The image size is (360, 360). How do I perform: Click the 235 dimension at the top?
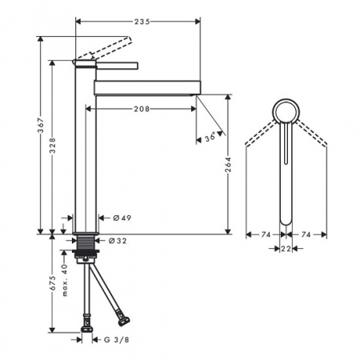pos(142,22)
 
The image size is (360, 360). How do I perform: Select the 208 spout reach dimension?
pos(142,109)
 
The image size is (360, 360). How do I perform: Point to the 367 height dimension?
pos(41,126)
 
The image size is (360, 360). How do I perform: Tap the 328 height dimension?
pos(53,146)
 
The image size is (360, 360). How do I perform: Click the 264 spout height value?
pos(228,165)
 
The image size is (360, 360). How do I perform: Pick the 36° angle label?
pos(210,138)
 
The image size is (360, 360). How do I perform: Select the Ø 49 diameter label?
pos(122,218)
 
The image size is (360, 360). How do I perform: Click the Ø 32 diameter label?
pos(118,241)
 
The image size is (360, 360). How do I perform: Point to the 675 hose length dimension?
pos(53,283)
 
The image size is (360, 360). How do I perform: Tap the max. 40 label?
pos(65,280)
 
